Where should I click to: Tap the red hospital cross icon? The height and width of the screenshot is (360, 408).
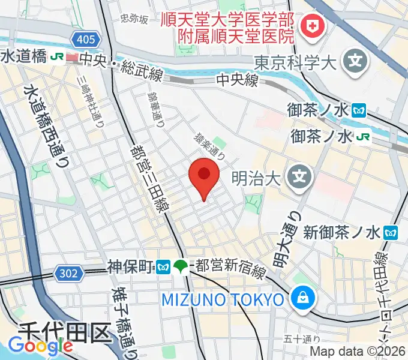pyautogui.click(x=311, y=25)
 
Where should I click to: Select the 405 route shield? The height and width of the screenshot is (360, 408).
pyautogui.click(x=85, y=40)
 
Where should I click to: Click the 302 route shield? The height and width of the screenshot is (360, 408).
pyautogui.click(x=69, y=274)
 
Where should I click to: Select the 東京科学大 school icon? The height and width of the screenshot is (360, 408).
pyautogui.click(x=355, y=60)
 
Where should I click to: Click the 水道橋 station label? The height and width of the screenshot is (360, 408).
pyautogui.click(x=24, y=57)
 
